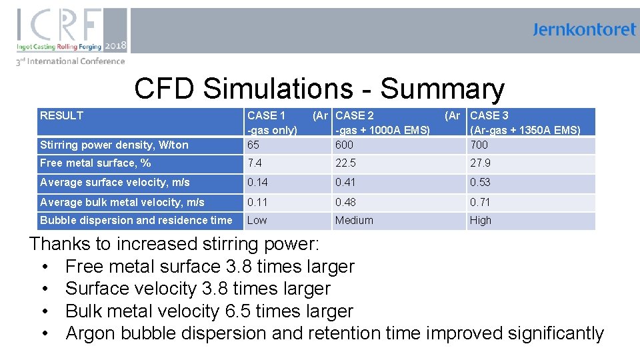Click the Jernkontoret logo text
(x=584, y=30)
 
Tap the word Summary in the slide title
(x=442, y=89)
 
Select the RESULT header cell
(x=61, y=115)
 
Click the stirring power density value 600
(x=345, y=145)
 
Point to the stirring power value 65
(x=253, y=145)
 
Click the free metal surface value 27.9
(x=480, y=163)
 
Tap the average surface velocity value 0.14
(x=257, y=182)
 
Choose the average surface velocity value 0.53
(x=480, y=182)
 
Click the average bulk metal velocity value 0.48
(x=347, y=202)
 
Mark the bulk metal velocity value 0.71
(x=480, y=202)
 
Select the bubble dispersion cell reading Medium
(x=354, y=220)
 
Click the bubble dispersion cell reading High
(x=480, y=220)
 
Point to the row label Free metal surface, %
(x=95, y=163)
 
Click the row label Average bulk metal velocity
(x=122, y=202)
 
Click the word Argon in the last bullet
(x=92, y=333)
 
